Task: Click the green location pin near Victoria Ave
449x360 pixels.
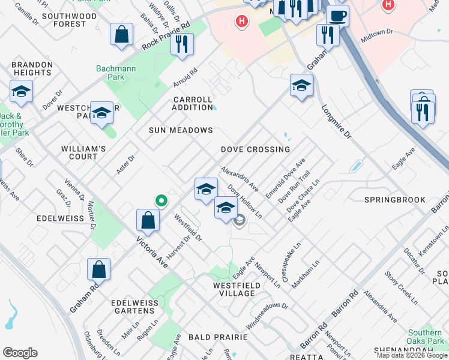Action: [x=160, y=200]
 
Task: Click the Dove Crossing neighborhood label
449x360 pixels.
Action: [x=255, y=149]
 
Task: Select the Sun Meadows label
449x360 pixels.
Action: [x=181, y=130]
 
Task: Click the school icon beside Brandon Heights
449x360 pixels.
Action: [x=21, y=92]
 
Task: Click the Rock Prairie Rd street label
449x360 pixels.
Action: [x=166, y=37]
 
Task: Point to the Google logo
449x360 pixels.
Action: [x=20, y=353]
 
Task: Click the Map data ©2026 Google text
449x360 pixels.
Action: [x=412, y=355]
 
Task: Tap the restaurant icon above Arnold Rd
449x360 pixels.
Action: [x=182, y=44]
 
